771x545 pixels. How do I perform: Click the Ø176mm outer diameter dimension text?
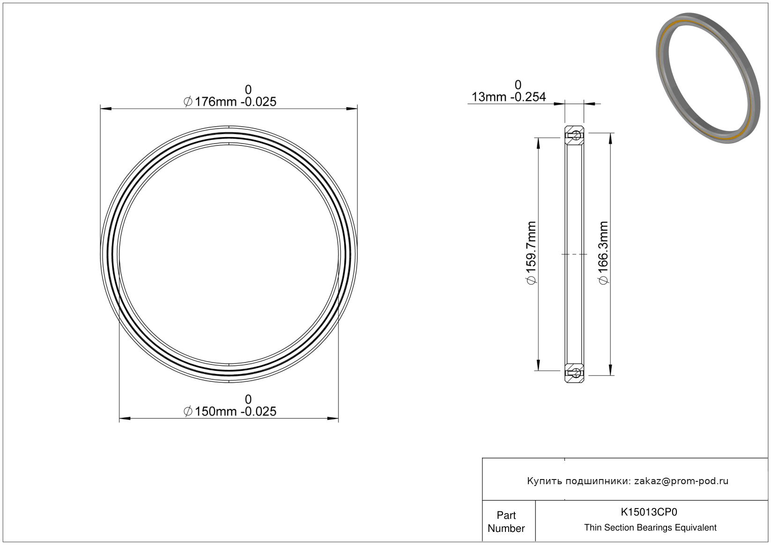click(x=230, y=102)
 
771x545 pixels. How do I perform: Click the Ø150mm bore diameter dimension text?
click(x=230, y=411)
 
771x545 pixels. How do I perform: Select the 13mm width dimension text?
click(x=508, y=97)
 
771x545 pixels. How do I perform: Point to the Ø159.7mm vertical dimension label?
click(x=531, y=253)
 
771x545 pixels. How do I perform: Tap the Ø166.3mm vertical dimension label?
click(x=603, y=253)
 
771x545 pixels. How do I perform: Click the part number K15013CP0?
click(x=649, y=512)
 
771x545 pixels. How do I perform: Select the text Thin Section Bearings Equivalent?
click(x=650, y=527)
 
